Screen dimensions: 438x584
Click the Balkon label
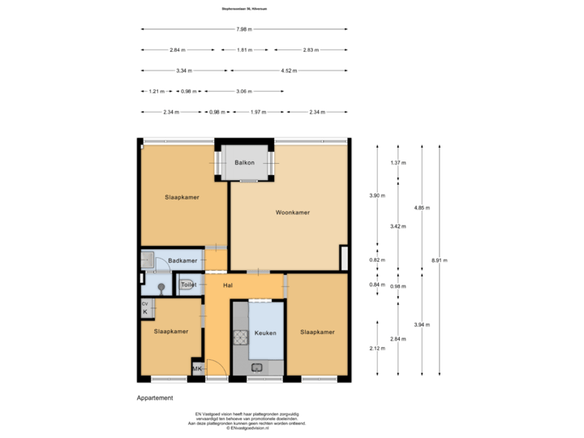(x=244, y=163)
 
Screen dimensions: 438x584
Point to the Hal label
(x=228, y=286)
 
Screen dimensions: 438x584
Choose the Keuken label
(x=265, y=333)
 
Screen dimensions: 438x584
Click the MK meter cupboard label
(x=197, y=369)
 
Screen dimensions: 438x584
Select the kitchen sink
(x=257, y=367)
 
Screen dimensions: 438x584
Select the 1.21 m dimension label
(x=156, y=91)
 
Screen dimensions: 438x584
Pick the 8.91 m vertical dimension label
(x=440, y=260)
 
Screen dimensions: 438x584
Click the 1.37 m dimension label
(x=398, y=163)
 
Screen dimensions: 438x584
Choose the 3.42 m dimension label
(x=398, y=225)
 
